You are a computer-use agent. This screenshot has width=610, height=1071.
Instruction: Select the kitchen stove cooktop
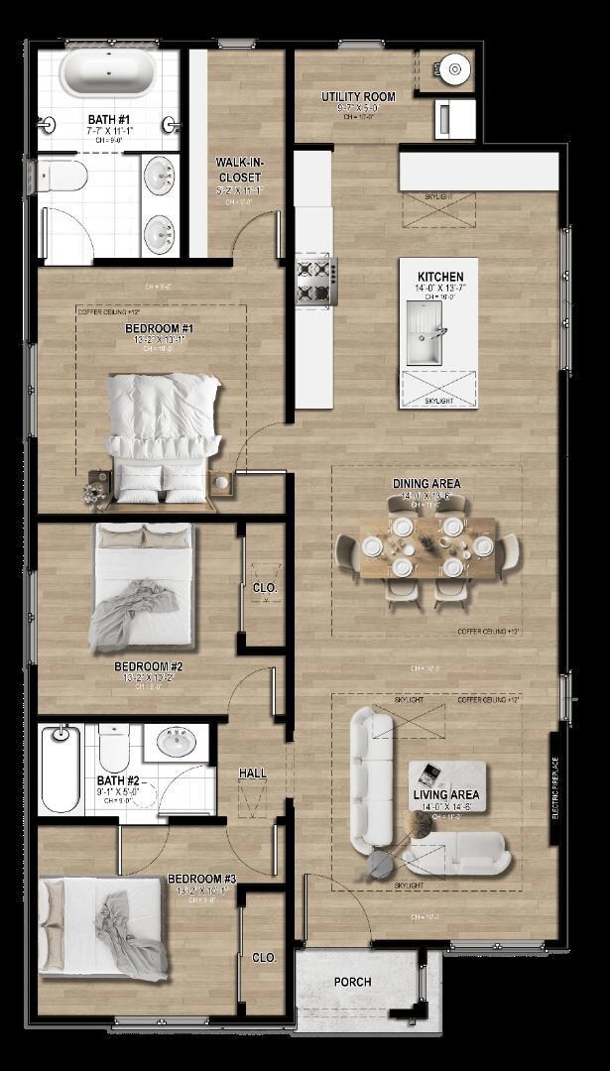click(317, 280)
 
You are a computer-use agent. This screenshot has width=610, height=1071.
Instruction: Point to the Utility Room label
click(358, 97)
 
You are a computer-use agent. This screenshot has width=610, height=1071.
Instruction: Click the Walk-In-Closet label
click(240, 171)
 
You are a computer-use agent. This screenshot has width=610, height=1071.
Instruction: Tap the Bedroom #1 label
click(159, 328)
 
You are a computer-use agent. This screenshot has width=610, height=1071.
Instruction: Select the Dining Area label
click(427, 484)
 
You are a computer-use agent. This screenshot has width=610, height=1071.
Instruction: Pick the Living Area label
click(446, 795)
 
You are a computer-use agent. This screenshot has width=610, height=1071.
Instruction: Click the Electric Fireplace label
click(554, 788)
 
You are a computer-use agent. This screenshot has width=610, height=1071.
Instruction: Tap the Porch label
click(352, 982)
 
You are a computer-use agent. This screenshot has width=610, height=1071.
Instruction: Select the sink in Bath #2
click(179, 742)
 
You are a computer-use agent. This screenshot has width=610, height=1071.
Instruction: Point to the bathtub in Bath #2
click(60, 769)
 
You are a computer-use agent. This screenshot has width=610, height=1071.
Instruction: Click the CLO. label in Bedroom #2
click(264, 588)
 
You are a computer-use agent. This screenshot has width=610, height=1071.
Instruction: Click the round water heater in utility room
click(455, 68)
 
